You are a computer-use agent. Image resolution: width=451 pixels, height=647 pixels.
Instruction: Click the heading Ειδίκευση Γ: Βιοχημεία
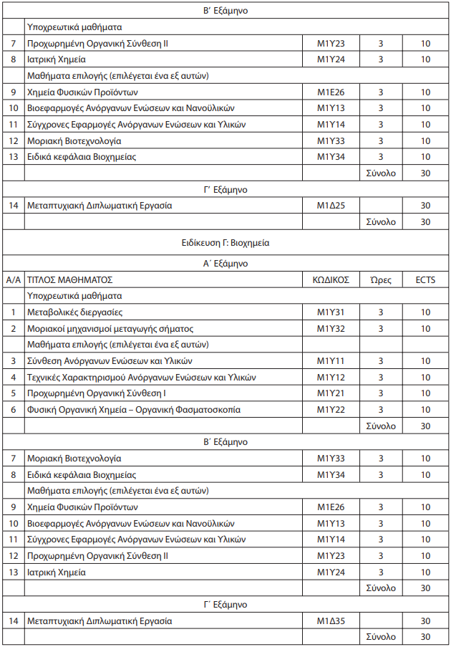225,243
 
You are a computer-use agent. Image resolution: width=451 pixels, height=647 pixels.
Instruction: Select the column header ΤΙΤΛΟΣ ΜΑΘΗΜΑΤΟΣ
69,279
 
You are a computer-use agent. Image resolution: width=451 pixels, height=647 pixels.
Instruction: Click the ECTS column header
425,279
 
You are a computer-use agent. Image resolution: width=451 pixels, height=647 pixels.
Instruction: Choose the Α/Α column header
13,279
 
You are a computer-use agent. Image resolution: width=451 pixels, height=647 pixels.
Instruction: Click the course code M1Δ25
331,206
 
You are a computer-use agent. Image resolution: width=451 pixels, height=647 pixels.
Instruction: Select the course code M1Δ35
331,621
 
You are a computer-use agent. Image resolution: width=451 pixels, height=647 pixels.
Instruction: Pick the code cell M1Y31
331,312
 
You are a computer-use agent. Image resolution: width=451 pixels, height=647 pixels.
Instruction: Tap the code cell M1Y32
331,329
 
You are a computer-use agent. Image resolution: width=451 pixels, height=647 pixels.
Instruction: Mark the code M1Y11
331,361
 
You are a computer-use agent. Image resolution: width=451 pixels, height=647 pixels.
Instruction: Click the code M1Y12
331,378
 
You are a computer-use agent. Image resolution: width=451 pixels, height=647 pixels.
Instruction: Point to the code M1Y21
331,393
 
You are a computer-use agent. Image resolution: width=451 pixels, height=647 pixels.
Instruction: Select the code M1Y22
331,410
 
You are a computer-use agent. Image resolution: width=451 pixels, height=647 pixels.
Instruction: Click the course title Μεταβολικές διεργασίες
74,312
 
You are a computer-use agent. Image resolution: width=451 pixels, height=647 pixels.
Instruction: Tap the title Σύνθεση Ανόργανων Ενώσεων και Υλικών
110,361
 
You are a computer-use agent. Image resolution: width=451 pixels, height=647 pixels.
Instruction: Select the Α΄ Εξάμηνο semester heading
225,263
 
